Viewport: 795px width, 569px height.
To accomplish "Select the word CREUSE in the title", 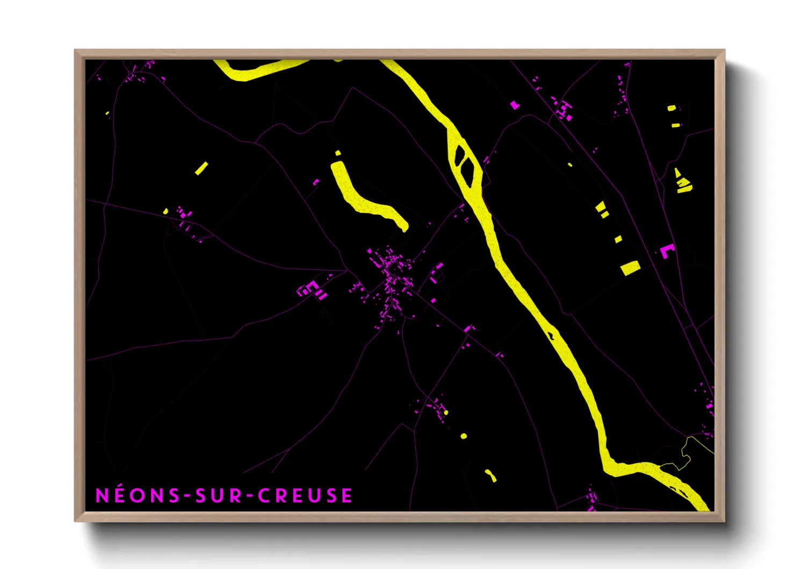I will click(x=305, y=495).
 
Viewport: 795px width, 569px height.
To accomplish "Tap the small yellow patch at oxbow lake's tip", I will click(x=338, y=153).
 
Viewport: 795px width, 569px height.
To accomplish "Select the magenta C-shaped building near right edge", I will click(x=667, y=251).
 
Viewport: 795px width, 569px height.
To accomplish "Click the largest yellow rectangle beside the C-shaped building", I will click(x=630, y=267).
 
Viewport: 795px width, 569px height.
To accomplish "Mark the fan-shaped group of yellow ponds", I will click(x=683, y=181).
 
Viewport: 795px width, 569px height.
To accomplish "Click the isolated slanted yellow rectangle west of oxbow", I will click(x=201, y=168).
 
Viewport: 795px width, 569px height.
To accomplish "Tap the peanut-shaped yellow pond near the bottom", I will click(x=490, y=475).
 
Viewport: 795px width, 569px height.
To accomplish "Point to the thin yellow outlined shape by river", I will click(x=686, y=454).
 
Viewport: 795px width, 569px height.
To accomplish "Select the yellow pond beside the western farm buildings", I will click(x=166, y=211).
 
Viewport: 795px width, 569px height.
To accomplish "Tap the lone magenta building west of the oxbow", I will click(x=316, y=182).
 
